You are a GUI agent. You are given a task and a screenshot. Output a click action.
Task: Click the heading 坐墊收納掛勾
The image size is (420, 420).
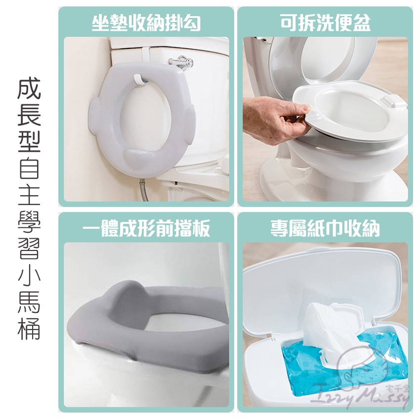(x=146, y=23)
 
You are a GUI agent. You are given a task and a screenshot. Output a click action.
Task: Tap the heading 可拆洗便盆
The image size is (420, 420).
(x=325, y=23)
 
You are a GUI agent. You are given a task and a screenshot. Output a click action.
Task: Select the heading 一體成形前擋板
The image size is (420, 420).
(x=146, y=228)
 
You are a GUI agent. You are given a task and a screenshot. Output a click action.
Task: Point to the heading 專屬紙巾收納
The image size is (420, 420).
(x=325, y=228)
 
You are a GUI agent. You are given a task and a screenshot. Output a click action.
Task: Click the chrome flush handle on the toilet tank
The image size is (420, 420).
(x=181, y=62)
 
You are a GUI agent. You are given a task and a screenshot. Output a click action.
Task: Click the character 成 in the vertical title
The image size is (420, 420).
(x=29, y=88)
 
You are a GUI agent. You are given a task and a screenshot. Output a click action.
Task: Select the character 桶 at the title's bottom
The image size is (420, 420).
(x=29, y=329)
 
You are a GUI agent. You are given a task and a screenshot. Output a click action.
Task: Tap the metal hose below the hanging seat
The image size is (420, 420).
(x=144, y=190)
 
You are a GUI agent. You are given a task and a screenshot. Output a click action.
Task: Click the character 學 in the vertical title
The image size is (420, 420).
(x=29, y=222)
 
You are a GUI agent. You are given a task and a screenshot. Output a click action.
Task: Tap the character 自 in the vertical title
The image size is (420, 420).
(x=29, y=168)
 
